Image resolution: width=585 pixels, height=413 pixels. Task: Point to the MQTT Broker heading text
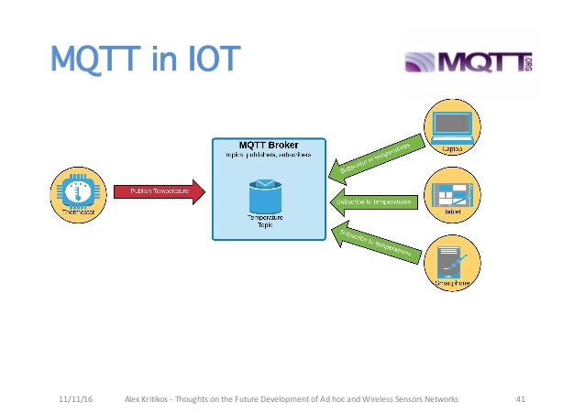point(269,145)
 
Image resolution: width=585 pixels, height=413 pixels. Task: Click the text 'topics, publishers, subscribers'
point(269,155)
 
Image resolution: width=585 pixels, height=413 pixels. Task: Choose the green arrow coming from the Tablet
point(371,200)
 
